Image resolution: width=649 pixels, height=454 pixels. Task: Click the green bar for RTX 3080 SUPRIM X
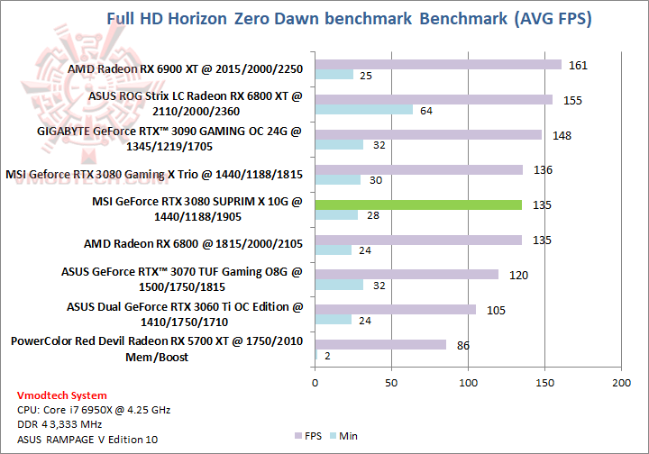click(x=418, y=204)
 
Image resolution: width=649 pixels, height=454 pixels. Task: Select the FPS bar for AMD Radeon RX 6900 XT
click(x=438, y=64)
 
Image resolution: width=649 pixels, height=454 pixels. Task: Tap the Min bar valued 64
click(x=364, y=109)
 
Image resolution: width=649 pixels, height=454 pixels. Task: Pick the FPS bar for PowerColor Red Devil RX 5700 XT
click(x=380, y=344)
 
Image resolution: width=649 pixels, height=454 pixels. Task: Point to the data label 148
click(x=560, y=135)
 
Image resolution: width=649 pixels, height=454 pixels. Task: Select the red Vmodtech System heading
click(x=61, y=395)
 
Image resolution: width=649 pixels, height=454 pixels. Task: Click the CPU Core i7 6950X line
click(x=93, y=409)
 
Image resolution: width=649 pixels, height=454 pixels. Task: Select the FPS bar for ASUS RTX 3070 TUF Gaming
click(x=407, y=275)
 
